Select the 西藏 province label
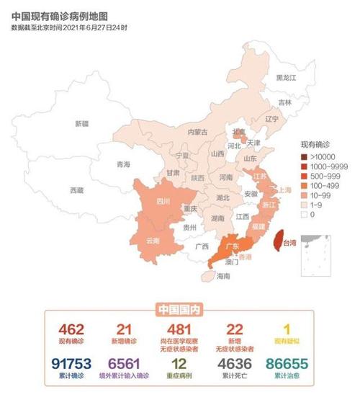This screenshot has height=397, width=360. click(76, 190)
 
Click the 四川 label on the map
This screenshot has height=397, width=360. click(163, 202)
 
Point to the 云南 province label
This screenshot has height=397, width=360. click(153, 240)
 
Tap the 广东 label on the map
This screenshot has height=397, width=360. click(233, 246)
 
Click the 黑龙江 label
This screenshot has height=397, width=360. click(288, 77)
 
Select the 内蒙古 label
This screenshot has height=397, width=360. click(197, 132)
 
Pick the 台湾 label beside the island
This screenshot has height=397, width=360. click(288, 243)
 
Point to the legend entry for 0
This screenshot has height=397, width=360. click(315, 214)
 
